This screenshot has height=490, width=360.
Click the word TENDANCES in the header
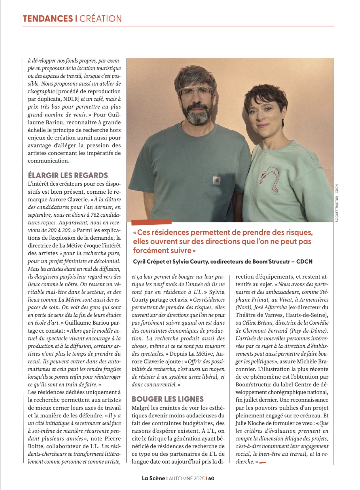tap(47, 19)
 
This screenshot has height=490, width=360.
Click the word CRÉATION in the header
tap(100, 19)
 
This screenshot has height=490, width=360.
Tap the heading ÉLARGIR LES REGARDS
tap(68, 175)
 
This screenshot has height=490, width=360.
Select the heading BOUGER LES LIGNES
tap(168, 399)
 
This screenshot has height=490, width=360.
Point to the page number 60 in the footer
tap(211, 479)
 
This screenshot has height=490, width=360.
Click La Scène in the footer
tap(153, 479)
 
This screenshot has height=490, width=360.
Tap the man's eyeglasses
tap(195, 91)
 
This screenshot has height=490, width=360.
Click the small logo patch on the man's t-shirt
tap(217, 180)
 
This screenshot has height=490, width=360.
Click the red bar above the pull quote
tap(151, 222)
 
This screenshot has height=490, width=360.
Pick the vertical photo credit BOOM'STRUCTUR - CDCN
tap(337, 203)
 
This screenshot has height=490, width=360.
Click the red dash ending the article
tap(262, 462)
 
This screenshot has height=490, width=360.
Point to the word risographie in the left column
tap(41, 91)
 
